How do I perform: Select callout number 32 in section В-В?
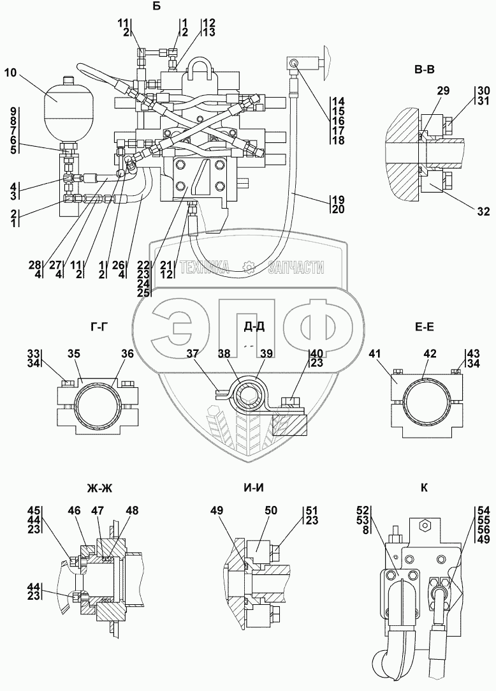tap(483, 212)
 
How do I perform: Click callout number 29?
tap(443, 91)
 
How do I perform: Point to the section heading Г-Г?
tap(97, 327)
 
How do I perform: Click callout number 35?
tap(75, 354)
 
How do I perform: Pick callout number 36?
tap(128, 354)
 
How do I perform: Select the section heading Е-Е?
tap(424, 327)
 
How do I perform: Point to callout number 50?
tap(271, 511)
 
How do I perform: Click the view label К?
tap(424, 488)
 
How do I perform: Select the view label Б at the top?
tap(157, 6)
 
